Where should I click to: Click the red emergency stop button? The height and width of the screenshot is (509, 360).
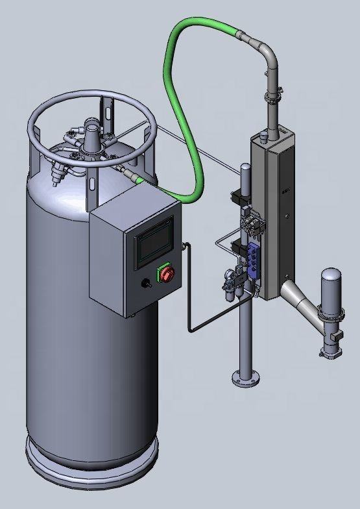click(x=166, y=274)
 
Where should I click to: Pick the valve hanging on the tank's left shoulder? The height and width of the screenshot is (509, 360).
click(x=57, y=174)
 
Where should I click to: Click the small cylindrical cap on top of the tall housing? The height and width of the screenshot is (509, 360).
click(x=264, y=136)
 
